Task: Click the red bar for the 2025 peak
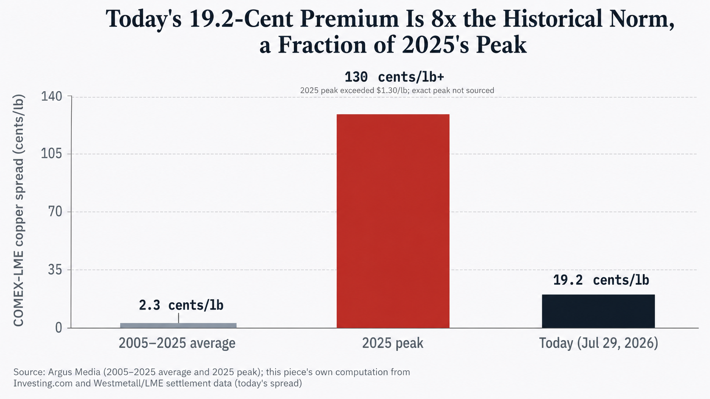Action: [393, 221]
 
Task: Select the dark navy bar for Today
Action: [598, 311]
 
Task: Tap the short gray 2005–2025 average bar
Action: [178, 326]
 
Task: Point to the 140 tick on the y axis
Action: [51, 96]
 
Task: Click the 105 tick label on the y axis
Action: [51, 154]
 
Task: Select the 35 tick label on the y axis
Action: [55, 270]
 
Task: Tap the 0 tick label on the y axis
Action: [59, 328]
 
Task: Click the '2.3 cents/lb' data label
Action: [181, 305]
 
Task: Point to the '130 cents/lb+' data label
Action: [394, 77]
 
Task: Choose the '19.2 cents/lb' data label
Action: [601, 280]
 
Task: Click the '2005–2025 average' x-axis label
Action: [177, 343]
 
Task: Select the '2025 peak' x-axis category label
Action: [393, 343]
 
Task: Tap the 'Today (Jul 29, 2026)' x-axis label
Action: [599, 343]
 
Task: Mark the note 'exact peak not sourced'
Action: [453, 90]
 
